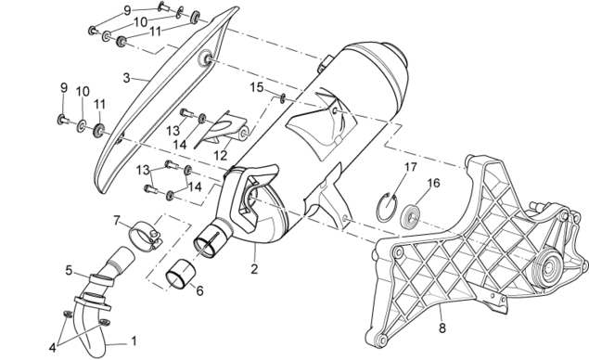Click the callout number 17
411,167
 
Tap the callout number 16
433,183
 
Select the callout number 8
442,328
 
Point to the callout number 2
254,269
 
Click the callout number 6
199,290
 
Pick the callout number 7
117,220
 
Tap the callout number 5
69,270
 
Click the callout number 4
52,348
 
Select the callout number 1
134,341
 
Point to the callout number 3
126,78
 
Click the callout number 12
221,155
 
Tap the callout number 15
257,87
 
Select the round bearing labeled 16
410,216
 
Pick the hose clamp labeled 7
145,236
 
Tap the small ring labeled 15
283,98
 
